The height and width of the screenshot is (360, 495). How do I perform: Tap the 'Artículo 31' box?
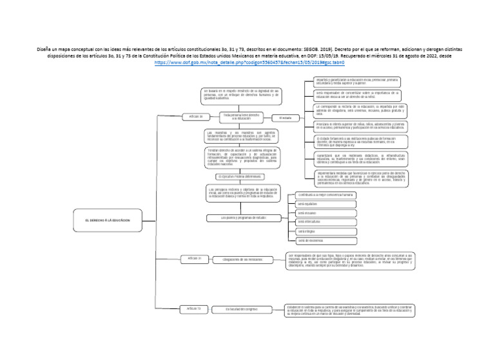coord(195,258)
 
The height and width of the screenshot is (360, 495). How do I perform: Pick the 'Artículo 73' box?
coord(194,309)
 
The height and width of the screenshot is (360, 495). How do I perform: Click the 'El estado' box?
coord(286,117)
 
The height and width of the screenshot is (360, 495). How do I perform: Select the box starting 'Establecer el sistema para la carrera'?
coord(358,309)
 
